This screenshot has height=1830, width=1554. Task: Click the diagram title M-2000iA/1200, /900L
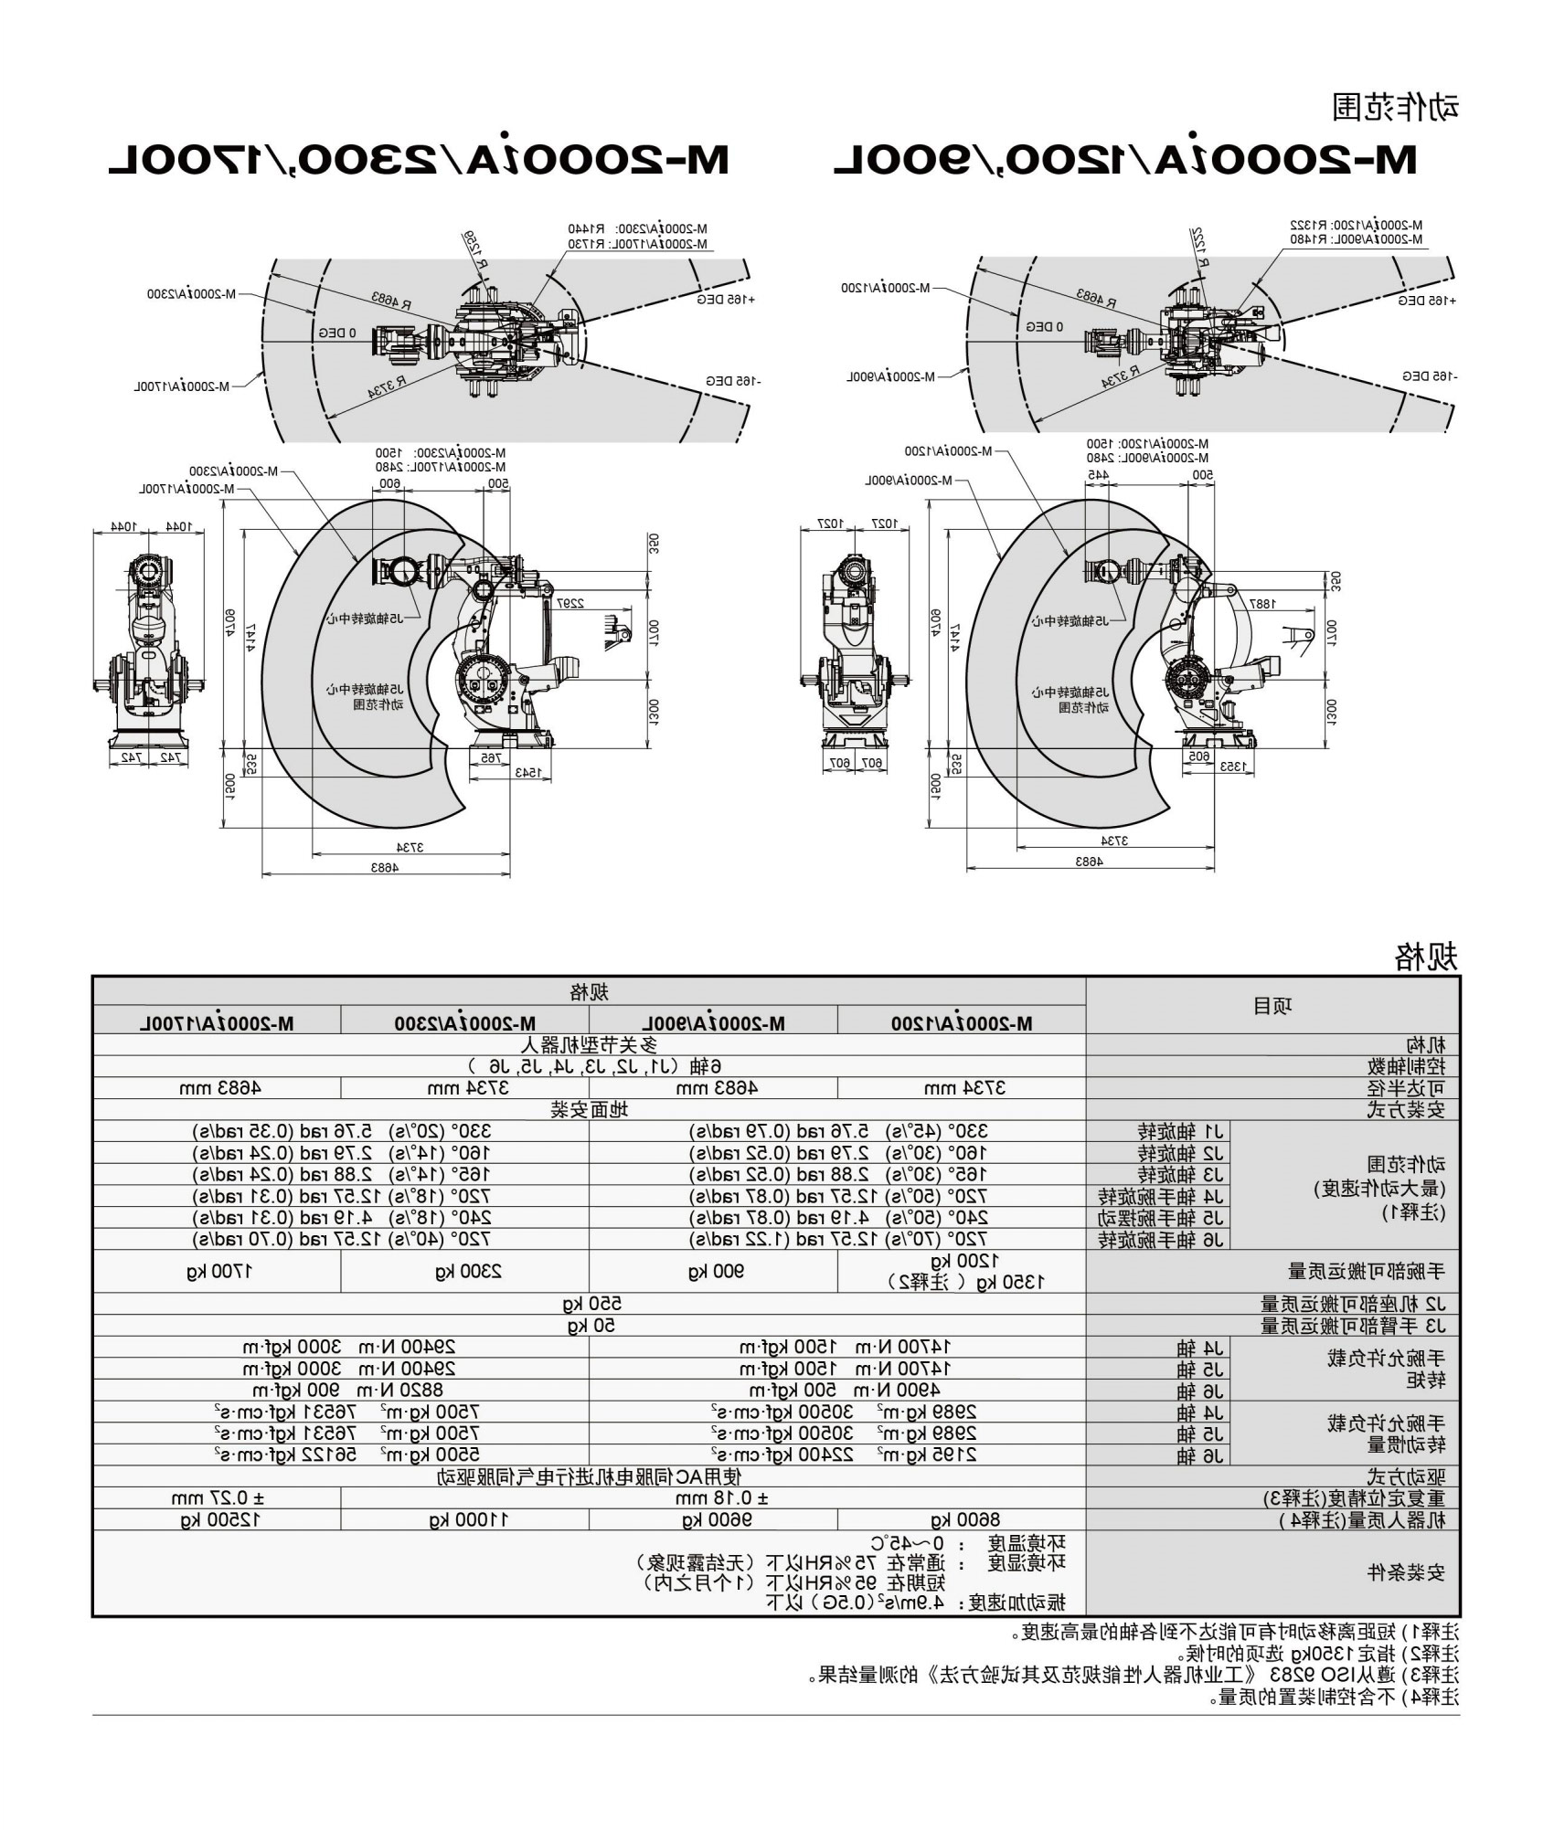pos(1124,160)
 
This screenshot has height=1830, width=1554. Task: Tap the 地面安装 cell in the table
pos(590,1110)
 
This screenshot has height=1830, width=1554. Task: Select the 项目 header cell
pos(1272,1007)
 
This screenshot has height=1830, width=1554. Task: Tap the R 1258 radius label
pos(474,249)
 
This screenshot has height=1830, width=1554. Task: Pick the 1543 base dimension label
pos(527,772)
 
